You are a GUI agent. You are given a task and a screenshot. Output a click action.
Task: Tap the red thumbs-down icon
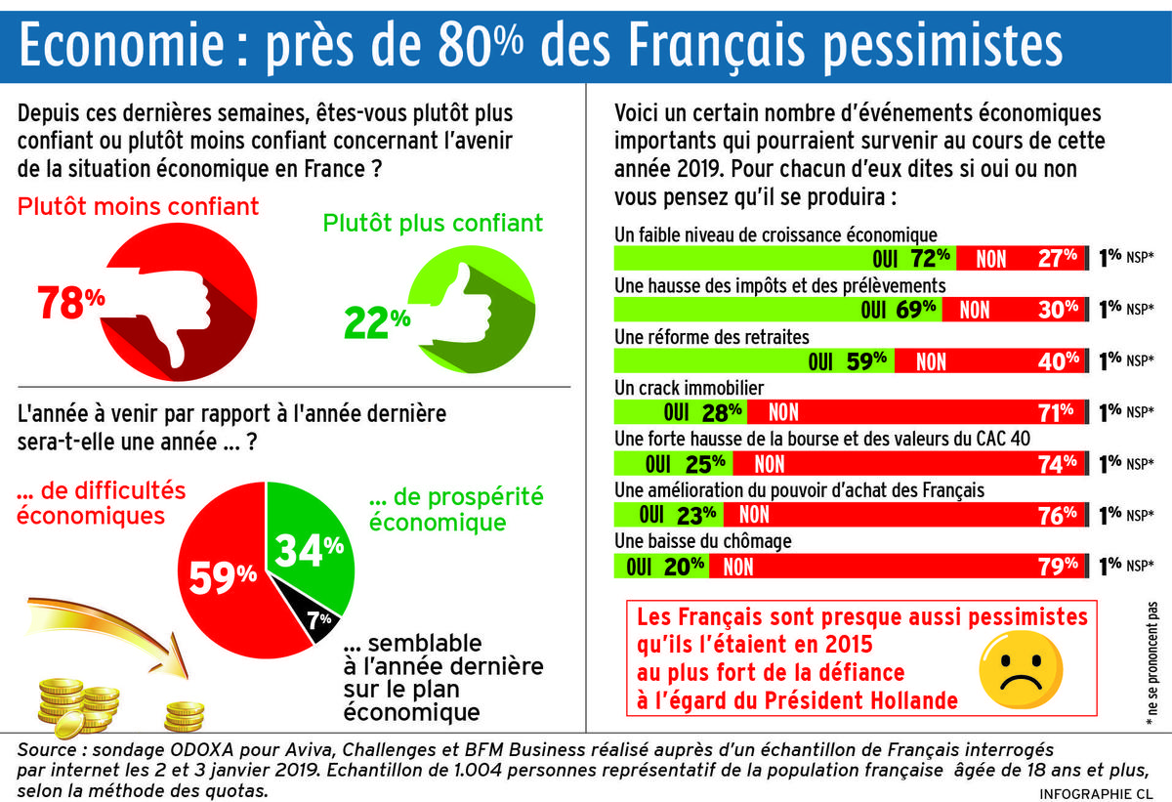pyautogui.click(x=181, y=304)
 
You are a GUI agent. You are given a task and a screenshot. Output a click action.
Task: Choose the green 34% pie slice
pyautogui.click(x=308, y=552)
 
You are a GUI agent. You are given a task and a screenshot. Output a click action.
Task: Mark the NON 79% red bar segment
pyautogui.click(x=898, y=566)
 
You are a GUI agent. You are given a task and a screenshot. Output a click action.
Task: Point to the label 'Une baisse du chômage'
pyautogui.click(x=702, y=540)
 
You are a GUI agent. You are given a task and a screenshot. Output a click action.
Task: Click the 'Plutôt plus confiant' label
pyautogui.click(x=433, y=224)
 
